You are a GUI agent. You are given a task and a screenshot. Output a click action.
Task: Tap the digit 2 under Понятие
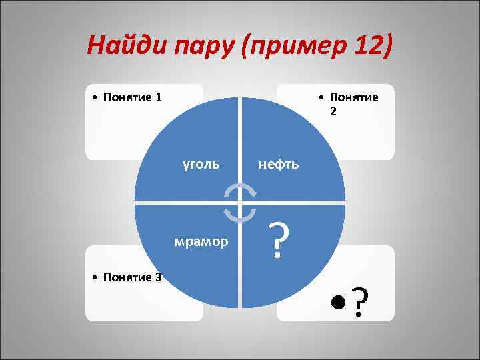(x=333, y=111)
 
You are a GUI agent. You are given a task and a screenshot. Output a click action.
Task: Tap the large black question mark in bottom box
(x=360, y=303)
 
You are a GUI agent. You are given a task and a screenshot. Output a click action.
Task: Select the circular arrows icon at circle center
(x=240, y=202)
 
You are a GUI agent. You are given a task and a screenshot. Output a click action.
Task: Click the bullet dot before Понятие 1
(x=96, y=98)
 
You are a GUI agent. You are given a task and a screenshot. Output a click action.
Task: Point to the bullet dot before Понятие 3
(x=96, y=278)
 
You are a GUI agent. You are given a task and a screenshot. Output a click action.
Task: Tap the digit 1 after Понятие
(x=158, y=97)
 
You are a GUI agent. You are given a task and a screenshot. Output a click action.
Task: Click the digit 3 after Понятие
(x=158, y=277)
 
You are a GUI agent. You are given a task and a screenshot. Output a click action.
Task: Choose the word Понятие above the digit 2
(x=353, y=97)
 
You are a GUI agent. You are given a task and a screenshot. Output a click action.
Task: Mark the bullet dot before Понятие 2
(x=321, y=98)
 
